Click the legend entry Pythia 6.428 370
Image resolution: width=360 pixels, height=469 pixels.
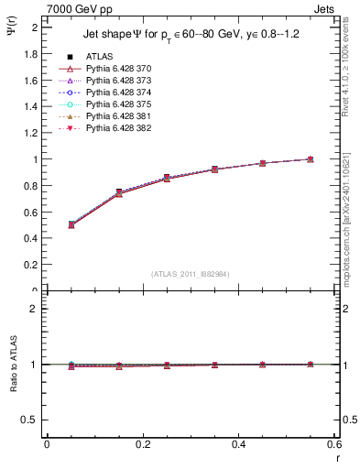(x=118, y=69)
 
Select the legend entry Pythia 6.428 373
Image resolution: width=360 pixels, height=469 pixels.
(x=118, y=81)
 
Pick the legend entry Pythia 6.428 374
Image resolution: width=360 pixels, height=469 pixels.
(x=118, y=93)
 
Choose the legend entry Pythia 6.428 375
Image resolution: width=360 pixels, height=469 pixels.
(x=118, y=104)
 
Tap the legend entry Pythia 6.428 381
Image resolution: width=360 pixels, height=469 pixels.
(x=118, y=116)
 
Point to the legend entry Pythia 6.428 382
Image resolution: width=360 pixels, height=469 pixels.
(x=118, y=128)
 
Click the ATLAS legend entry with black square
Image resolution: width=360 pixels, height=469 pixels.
(x=101, y=57)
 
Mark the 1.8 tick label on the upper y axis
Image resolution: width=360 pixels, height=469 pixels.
(x=31, y=53)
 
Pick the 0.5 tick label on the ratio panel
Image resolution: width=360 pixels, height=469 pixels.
(x=31, y=420)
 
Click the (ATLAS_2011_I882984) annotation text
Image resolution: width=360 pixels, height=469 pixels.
(x=191, y=274)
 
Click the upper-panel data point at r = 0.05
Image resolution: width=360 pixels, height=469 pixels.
(x=71, y=224)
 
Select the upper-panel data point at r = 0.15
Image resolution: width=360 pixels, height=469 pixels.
(x=119, y=192)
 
